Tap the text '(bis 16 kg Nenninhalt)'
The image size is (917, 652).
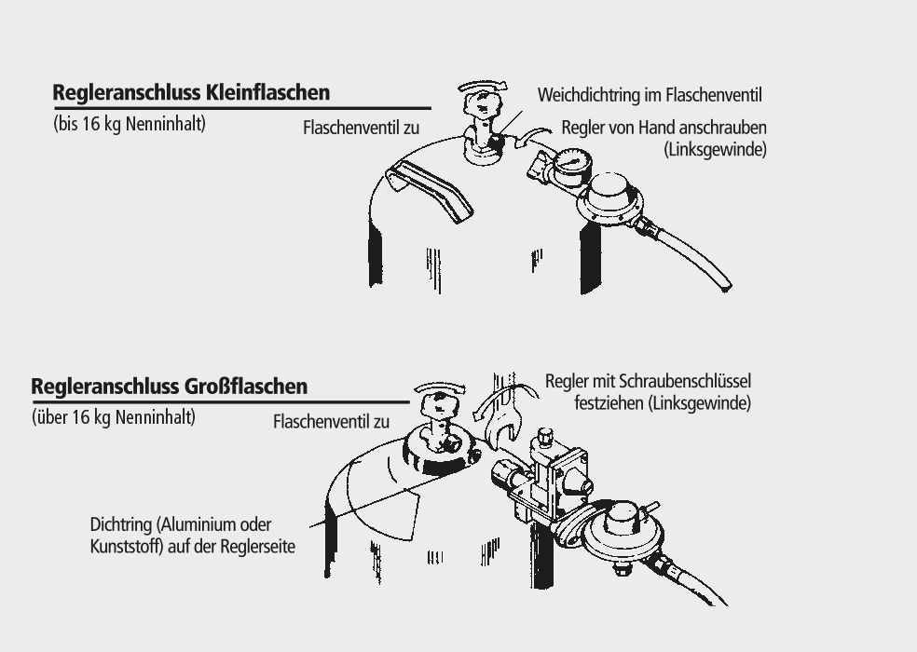(x=130, y=124)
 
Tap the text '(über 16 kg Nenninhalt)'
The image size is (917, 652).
(x=114, y=417)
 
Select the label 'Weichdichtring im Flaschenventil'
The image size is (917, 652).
(x=650, y=95)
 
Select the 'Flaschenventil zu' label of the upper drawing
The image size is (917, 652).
(x=361, y=128)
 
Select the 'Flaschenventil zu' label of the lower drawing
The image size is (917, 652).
(x=331, y=422)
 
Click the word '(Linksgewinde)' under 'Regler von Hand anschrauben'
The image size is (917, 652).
(x=715, y=149)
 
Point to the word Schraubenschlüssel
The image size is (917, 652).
(x=685, y=381)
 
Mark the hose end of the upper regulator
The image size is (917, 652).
(x=724, y=285)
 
